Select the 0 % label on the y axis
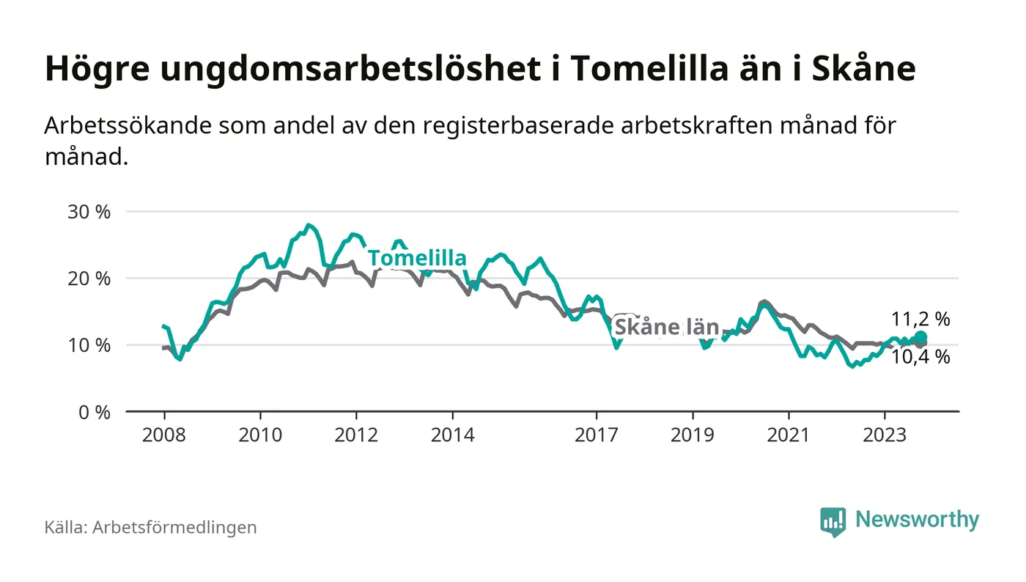click(x=95, y=412)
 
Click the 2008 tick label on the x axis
click(x=163, y=435)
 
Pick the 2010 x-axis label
click(x=260, y=435)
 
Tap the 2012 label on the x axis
click(x=356, y=435)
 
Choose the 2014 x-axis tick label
click(x=453, y=435)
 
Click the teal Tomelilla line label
click(x=417, y=258)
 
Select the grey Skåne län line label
click(x=666, y=327)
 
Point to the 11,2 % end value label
click(x=920, y=319)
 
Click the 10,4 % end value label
click(x=920, y=357)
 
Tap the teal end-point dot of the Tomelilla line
click(x=920, y=337)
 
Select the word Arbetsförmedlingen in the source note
click(x=174, y=527)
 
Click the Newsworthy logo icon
click(x=833, y=521)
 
